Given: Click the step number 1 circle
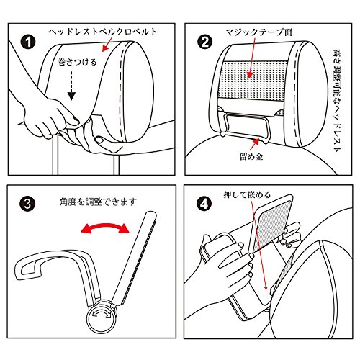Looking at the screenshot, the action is [x=28, y=42].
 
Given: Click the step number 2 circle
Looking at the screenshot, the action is [x=204, y=42].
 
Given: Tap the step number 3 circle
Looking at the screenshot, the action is [x=27, y=204].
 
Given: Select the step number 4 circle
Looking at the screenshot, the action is [x=204, y=204].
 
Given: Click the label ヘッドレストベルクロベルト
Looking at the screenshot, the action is [x=103, y=32].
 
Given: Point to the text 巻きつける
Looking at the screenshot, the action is [x=77, y=62].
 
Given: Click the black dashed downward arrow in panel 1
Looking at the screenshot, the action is [x=71, y=85].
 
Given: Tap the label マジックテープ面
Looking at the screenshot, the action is [x=259, y=32].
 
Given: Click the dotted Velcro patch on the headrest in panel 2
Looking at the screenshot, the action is [x=255, y=81].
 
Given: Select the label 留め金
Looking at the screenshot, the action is [x=251, y=156].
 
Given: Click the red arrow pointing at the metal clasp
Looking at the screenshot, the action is [x=254, y=143].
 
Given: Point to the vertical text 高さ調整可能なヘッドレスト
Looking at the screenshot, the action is [x=337, y=100].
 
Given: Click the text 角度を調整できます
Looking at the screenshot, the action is [x=98, y=202].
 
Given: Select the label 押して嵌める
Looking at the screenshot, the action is [x=247, y=194].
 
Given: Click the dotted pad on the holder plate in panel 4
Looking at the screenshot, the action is [x=272, y=225].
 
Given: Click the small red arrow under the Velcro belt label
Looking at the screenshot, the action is [x=107, y=44].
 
